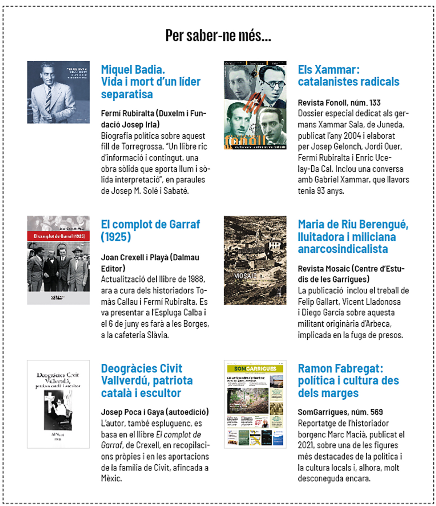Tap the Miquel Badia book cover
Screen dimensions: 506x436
click(x=58, y=92)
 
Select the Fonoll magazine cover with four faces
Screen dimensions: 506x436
click(x=255, y=105)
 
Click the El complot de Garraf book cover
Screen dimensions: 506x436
click(x=58, y=260)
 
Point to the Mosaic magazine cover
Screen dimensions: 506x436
click(x=255, y=260)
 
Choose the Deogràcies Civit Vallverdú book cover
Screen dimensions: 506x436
click(x=58, y=404)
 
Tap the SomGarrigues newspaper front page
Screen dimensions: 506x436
click(x=255, y=404)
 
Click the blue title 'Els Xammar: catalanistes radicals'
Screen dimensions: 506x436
click(x=348, y=76)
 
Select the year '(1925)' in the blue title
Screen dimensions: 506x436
click(x=116, y=237)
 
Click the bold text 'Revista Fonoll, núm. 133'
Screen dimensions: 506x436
click(x=339, y=103)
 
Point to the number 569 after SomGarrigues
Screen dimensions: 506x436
click(x=376, y=412)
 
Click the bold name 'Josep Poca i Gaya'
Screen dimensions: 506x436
click(x=132, y=412)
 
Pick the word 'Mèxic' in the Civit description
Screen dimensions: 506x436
click(x=111, y=478)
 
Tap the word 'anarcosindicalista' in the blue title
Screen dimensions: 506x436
click(x=343, y=249)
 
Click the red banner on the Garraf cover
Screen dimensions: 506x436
click(x=58, y=236)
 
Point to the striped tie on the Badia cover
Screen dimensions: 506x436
click(x=48, y=98)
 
